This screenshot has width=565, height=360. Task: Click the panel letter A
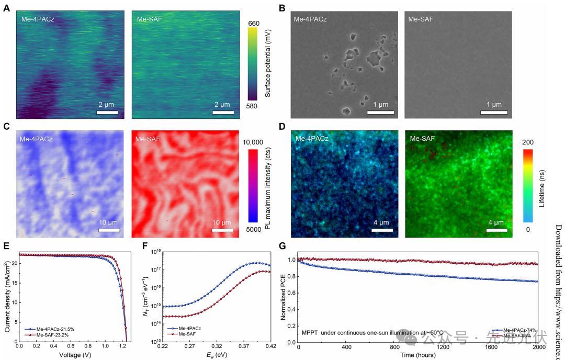[6, 8]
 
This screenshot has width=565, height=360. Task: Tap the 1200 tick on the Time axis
[444, 347]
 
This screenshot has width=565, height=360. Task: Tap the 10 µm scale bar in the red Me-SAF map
[222, 229]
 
